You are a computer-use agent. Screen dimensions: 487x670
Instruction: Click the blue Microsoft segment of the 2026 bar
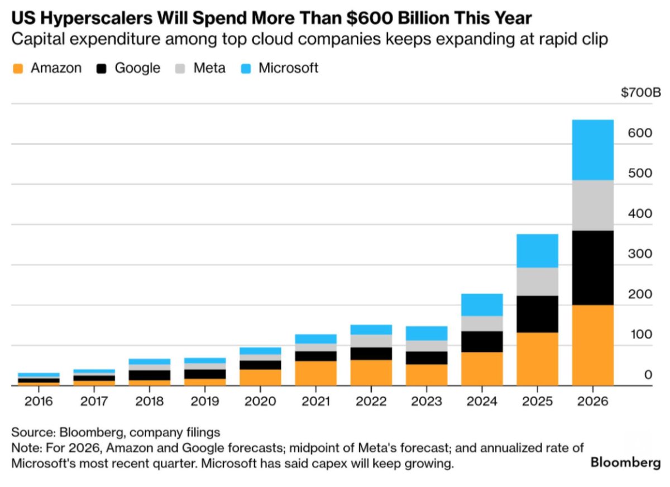pos(592,150)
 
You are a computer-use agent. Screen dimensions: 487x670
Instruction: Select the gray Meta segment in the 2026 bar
pos(592,205)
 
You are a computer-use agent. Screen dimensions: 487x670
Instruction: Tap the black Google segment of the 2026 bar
pos(592,268)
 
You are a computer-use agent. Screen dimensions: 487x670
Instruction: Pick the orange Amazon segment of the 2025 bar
pos(537,359)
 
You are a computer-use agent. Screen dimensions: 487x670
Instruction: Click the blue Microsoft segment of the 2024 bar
pos(482,305)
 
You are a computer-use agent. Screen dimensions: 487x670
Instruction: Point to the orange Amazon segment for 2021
pos(316,373)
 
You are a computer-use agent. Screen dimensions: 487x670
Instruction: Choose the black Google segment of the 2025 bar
pos(537,314)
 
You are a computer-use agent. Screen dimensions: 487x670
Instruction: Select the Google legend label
pos(137,68)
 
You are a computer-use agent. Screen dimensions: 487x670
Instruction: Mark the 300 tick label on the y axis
pos(640,254)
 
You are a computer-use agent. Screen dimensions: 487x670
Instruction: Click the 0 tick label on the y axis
pos(648,375)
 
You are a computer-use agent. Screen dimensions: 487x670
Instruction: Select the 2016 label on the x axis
pos(39,401)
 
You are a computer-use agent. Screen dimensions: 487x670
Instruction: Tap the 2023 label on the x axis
pos(427,401)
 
